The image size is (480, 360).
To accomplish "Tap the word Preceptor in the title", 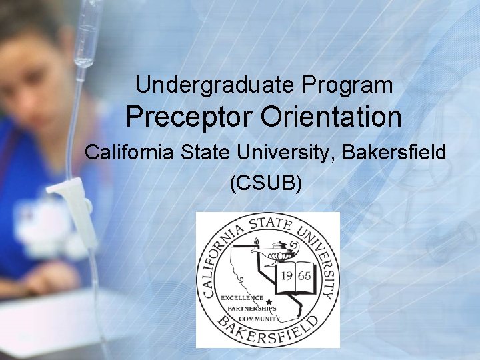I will click(190, 118).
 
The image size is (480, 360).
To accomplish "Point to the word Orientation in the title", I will click(331, 118).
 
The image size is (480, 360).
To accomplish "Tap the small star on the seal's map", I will click(269, 301).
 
